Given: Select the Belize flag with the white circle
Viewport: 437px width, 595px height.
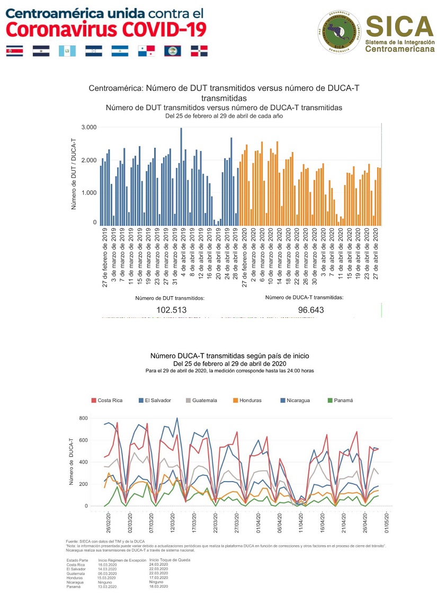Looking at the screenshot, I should click(172, 51).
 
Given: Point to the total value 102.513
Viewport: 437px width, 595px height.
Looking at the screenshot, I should click(171, 310).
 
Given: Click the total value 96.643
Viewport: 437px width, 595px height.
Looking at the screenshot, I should click(304, 310).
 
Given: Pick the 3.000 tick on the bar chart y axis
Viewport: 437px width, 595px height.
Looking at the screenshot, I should click(88, 128).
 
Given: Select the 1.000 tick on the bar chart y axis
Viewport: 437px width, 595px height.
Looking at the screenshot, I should click(88, 192).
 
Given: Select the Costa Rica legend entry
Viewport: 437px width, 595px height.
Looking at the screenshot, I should click(107, 400).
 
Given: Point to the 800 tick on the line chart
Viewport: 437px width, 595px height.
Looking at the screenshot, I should click(82, 419).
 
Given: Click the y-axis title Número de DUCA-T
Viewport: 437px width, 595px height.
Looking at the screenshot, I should click(70, 461).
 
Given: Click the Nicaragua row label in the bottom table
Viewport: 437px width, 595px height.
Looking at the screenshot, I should click(76, 582).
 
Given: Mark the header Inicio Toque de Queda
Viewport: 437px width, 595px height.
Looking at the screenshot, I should click(170, 560).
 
